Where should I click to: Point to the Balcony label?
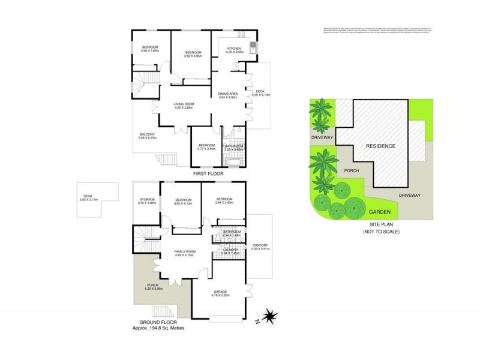pos(148,134)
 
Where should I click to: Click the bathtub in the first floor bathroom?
pos(232,161)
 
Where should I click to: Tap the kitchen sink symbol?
pos(253,50)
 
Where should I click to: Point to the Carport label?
pos(260,245)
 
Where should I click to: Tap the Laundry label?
pos(232,250)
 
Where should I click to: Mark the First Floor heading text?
pos(208,174)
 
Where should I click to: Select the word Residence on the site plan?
pos(381,146)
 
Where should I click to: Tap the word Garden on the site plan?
pos(380,212)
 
